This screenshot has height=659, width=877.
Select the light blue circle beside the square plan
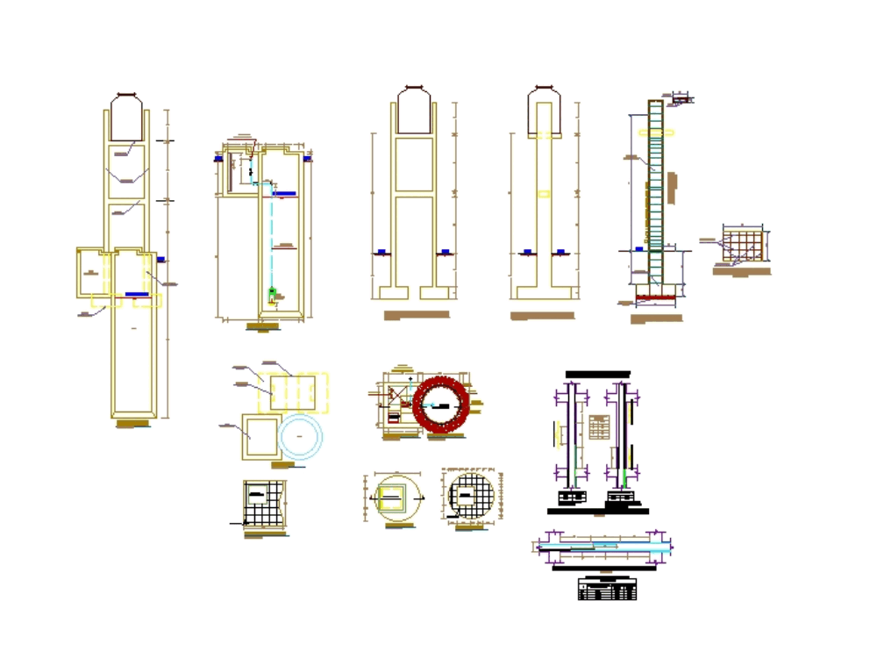point(301,435)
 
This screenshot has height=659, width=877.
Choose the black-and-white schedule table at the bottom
point(608,589)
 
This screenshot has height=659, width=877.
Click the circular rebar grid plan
point(472,496)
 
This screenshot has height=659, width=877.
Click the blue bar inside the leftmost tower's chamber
point(137,294)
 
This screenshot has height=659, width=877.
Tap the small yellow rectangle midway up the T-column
point(544,194)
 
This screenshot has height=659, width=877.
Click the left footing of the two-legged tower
point(391,291)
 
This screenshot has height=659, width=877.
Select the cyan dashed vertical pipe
point(271,237)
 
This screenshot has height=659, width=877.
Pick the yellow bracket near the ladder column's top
point(657,133)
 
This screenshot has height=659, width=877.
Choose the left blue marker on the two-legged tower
point(382,253)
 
